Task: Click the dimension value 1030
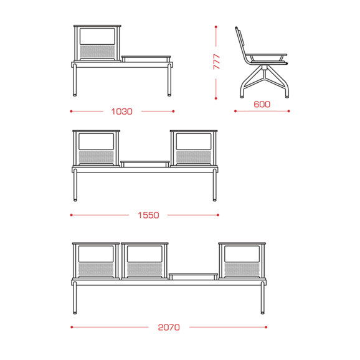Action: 121,111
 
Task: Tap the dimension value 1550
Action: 148,216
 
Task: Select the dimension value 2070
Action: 169,328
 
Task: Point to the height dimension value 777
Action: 217,62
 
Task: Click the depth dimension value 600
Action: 262,105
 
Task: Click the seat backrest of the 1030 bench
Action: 97,43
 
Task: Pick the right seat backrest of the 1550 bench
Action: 194,148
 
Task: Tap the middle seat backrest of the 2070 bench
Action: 144,261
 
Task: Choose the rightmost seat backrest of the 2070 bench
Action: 242,261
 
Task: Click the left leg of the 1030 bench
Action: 75,80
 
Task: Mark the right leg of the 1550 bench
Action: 215,185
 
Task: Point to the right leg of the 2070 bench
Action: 263,298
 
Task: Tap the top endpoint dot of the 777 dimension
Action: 216,27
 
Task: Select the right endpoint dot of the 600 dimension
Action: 288,111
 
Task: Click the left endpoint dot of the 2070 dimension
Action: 72,327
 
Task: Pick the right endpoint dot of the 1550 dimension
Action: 218,215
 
